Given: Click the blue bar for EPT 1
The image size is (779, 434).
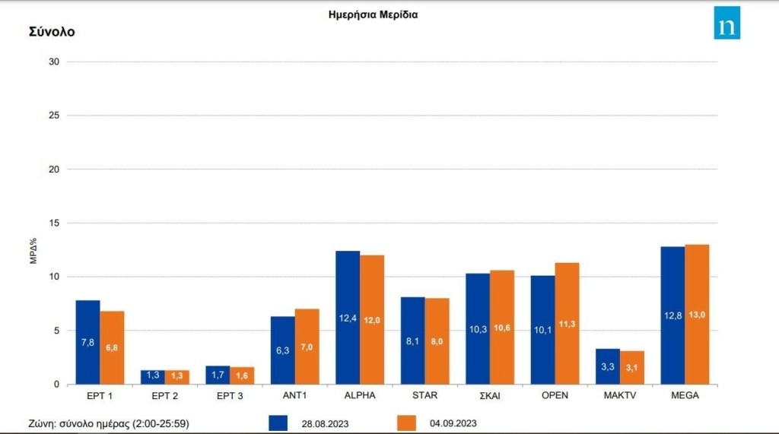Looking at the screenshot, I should [x=87, y=342].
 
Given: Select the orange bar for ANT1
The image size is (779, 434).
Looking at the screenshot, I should [x=307, y=347].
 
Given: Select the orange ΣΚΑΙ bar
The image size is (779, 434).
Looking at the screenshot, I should [x=502, y=327].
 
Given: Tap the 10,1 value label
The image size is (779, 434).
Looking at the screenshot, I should [x=542, y=329].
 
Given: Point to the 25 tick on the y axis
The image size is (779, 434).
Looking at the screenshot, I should [x=54, y=116].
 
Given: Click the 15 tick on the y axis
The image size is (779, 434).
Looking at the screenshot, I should [x=54, y=223].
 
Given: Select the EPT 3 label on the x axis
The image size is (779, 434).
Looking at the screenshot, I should [x=230, y=396].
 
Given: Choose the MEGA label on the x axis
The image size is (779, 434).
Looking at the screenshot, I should [x=685, y=396].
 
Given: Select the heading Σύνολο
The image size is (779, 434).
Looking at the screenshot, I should [x=52, y=32].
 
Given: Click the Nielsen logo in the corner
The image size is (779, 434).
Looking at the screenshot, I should [x=727, y=23].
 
